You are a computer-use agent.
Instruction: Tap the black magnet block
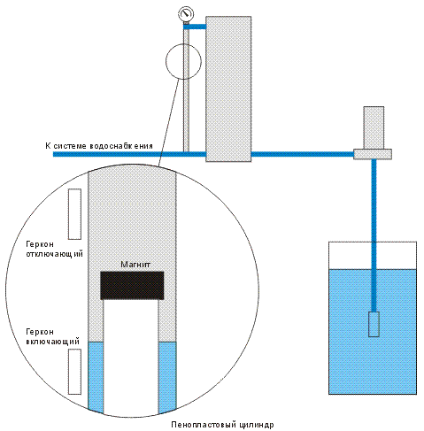(x=132, y=285)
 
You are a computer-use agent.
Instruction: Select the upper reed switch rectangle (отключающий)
(x=74, y=214)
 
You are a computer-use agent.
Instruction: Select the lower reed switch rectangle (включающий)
(x=74, y=372)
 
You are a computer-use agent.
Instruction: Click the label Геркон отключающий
(x=55, y=250)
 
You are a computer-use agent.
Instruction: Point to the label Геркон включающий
(x=53, y=336)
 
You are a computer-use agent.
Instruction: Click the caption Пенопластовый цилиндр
(x=222, y=425)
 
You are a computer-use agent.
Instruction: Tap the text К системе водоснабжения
(x=99, y=146)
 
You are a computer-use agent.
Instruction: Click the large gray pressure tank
(x=228, y=89)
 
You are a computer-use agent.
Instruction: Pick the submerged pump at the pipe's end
(x=374, y=324)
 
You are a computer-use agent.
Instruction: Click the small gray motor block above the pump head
(x=374, y=127)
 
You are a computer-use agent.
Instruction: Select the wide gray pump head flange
(x=373, y=154)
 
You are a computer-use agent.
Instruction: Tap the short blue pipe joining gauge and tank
(x=195, y=27)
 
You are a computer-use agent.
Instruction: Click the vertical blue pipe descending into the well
(x=374, y=235)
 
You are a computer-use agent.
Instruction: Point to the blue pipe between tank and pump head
(x=303, y=154)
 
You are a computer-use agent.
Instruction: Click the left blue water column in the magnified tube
(x=96, y=377)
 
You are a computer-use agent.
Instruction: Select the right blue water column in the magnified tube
(x=167, y=377)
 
